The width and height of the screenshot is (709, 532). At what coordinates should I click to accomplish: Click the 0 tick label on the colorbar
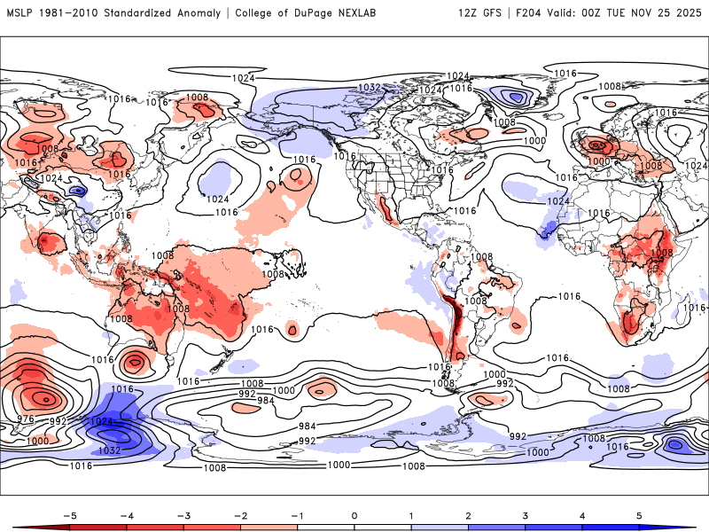pos(354,514)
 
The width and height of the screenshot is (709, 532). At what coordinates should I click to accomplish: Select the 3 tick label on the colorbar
pos(525,514)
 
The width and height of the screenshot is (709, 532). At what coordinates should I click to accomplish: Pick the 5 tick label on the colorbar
pos(638,514)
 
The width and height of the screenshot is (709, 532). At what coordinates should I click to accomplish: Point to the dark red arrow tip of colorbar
pos(19,528)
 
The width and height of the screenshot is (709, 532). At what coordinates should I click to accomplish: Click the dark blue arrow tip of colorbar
pos(690,528)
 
